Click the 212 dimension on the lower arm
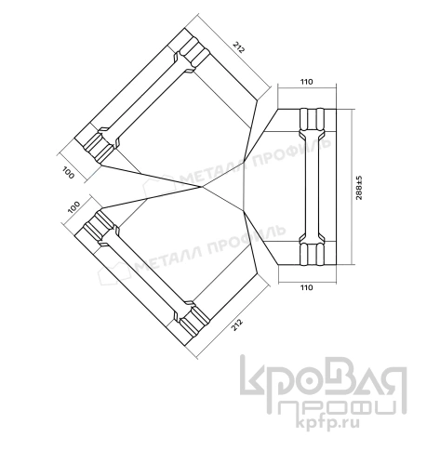point(241,324)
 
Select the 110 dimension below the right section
point(305,289)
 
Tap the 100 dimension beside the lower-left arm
point(73,207)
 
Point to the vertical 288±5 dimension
point(371,185)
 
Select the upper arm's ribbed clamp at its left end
point(100,144)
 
